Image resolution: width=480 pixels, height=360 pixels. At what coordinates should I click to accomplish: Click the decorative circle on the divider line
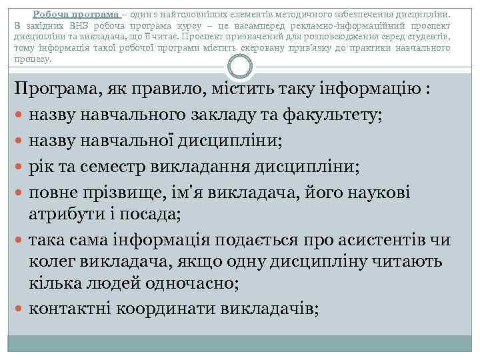point(240,67)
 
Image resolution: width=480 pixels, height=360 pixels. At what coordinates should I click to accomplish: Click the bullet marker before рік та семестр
point(19,166)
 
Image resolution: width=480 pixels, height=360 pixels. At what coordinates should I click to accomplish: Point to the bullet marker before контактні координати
point(19,309)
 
